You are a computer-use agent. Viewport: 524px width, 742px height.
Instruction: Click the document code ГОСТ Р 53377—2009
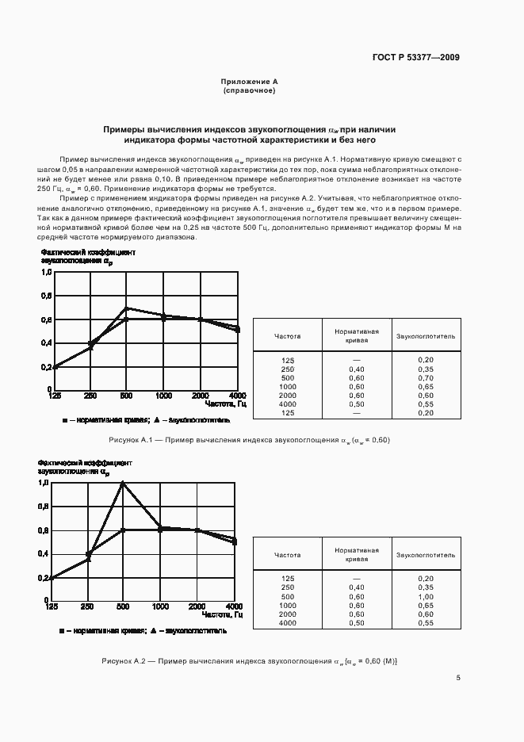416,57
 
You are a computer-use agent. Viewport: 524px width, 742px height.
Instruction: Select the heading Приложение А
249,82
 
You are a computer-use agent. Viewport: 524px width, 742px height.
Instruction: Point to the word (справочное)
249,90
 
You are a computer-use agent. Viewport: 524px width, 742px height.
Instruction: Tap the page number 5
458,677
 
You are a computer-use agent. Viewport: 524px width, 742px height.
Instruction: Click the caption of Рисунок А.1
249,440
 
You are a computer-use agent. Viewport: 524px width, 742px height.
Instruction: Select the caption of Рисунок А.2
249,660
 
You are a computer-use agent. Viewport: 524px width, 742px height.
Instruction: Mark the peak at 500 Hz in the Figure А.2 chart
123,483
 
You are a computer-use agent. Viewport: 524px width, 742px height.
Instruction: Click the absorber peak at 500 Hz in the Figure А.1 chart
125,308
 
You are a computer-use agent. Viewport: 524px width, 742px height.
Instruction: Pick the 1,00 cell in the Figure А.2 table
426,596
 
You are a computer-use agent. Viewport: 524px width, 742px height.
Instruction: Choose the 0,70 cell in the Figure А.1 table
426,377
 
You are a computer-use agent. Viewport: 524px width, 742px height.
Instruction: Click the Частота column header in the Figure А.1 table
287,336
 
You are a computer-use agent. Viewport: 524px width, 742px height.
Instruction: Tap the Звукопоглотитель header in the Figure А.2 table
426,556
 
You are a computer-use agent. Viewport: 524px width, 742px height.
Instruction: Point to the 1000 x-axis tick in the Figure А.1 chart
163,396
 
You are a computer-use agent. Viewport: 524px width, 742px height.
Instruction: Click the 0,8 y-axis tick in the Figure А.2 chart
44,506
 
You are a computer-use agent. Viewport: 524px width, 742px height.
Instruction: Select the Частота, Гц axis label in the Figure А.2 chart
222,615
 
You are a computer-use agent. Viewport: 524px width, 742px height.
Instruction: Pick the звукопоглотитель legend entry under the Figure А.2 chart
194,631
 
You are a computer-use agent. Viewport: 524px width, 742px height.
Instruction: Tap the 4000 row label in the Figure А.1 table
287,404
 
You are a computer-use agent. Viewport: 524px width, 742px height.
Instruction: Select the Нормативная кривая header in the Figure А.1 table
356,336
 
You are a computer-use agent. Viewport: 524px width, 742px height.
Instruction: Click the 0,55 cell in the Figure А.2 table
426,623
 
